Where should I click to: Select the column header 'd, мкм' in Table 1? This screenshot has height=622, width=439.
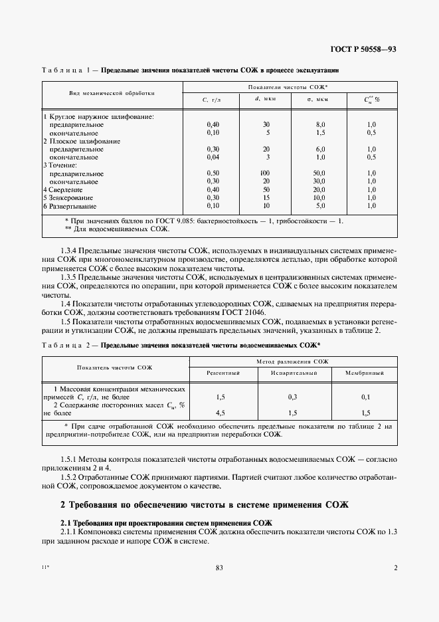[265, 100]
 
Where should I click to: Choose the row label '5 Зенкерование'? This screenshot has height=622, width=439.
[68, 197]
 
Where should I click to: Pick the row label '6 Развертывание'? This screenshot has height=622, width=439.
[71, 206]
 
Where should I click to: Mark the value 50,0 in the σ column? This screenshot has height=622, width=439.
[319, 173]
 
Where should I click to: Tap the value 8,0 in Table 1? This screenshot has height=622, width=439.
[320, 124]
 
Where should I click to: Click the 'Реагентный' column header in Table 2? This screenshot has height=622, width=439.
[222, 373]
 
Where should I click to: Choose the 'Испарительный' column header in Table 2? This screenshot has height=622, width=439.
[292, 373]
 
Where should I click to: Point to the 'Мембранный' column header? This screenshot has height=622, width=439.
[365, 373]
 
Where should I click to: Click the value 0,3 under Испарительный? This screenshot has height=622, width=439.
[292, 397]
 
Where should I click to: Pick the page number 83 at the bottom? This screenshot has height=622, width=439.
[219, 568]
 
